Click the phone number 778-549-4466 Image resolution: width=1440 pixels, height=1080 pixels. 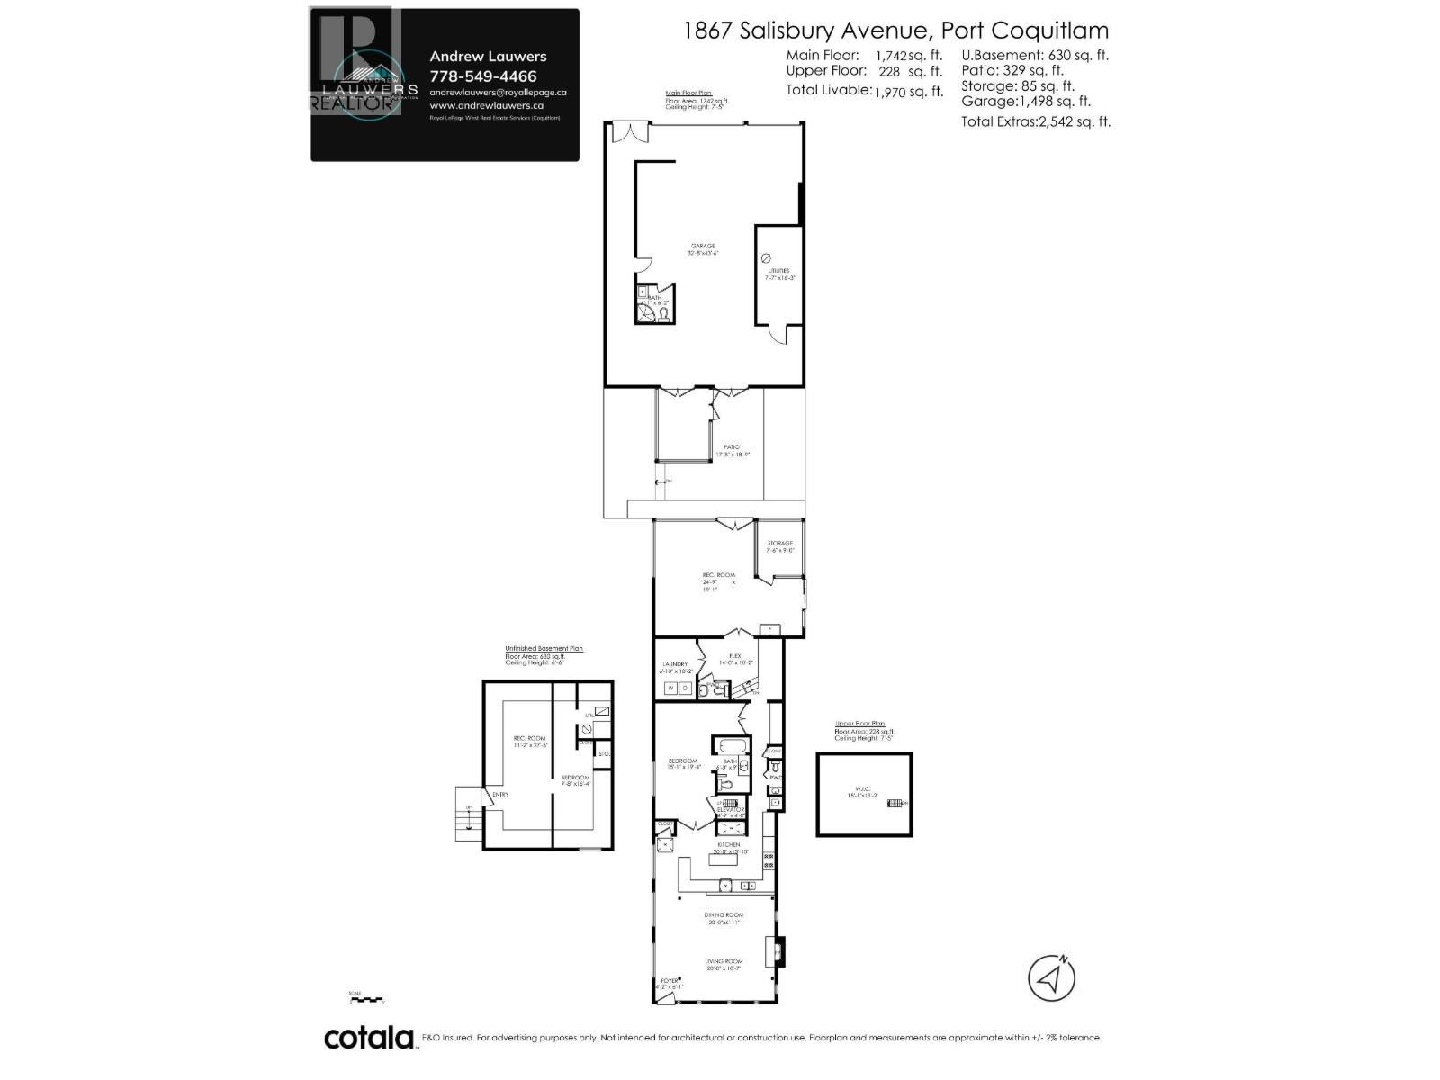[483, 76]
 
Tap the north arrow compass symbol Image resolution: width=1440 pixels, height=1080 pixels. [1051, 976]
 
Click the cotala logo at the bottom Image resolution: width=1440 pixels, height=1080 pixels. [369, 1038]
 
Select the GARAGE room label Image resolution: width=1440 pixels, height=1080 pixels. [703, 246]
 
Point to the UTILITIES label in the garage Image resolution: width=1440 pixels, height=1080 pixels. [778, 270]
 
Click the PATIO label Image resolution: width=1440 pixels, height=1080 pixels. [733, 447]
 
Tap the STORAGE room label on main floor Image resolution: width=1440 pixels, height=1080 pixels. [780, 544]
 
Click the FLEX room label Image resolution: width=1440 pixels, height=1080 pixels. [735, 656]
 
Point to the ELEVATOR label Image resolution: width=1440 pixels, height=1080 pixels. [731, 810]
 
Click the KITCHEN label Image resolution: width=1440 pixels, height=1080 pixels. [728, 844]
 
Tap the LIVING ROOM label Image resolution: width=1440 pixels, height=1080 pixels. [725, 962]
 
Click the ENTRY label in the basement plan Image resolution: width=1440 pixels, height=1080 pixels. [500, 795]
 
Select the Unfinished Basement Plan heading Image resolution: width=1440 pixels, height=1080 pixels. [544, 648]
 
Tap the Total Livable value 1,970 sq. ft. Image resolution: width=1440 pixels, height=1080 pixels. [908, 91]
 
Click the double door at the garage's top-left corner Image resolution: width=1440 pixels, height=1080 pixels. [628, 133]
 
